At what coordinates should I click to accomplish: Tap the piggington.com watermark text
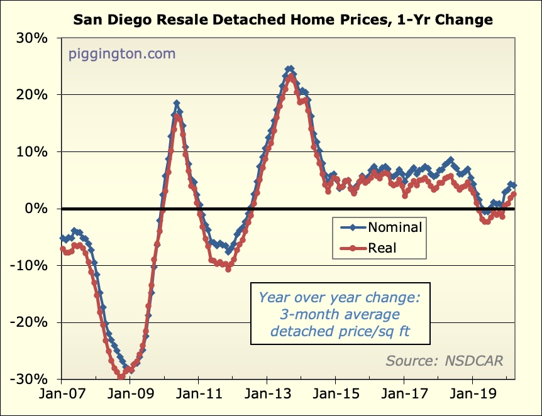(121, 54)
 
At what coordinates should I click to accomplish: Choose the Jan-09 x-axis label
(130, 397)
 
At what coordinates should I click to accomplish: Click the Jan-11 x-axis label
(198, 397)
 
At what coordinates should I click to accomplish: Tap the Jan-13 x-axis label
(267, 397)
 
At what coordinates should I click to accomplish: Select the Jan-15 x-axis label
(335, 397)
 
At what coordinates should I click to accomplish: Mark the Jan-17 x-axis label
(404, 397)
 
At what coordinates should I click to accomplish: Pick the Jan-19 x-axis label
(472, 397)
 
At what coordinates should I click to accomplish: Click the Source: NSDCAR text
(445, 361)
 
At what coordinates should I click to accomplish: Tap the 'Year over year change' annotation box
(340, 314)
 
